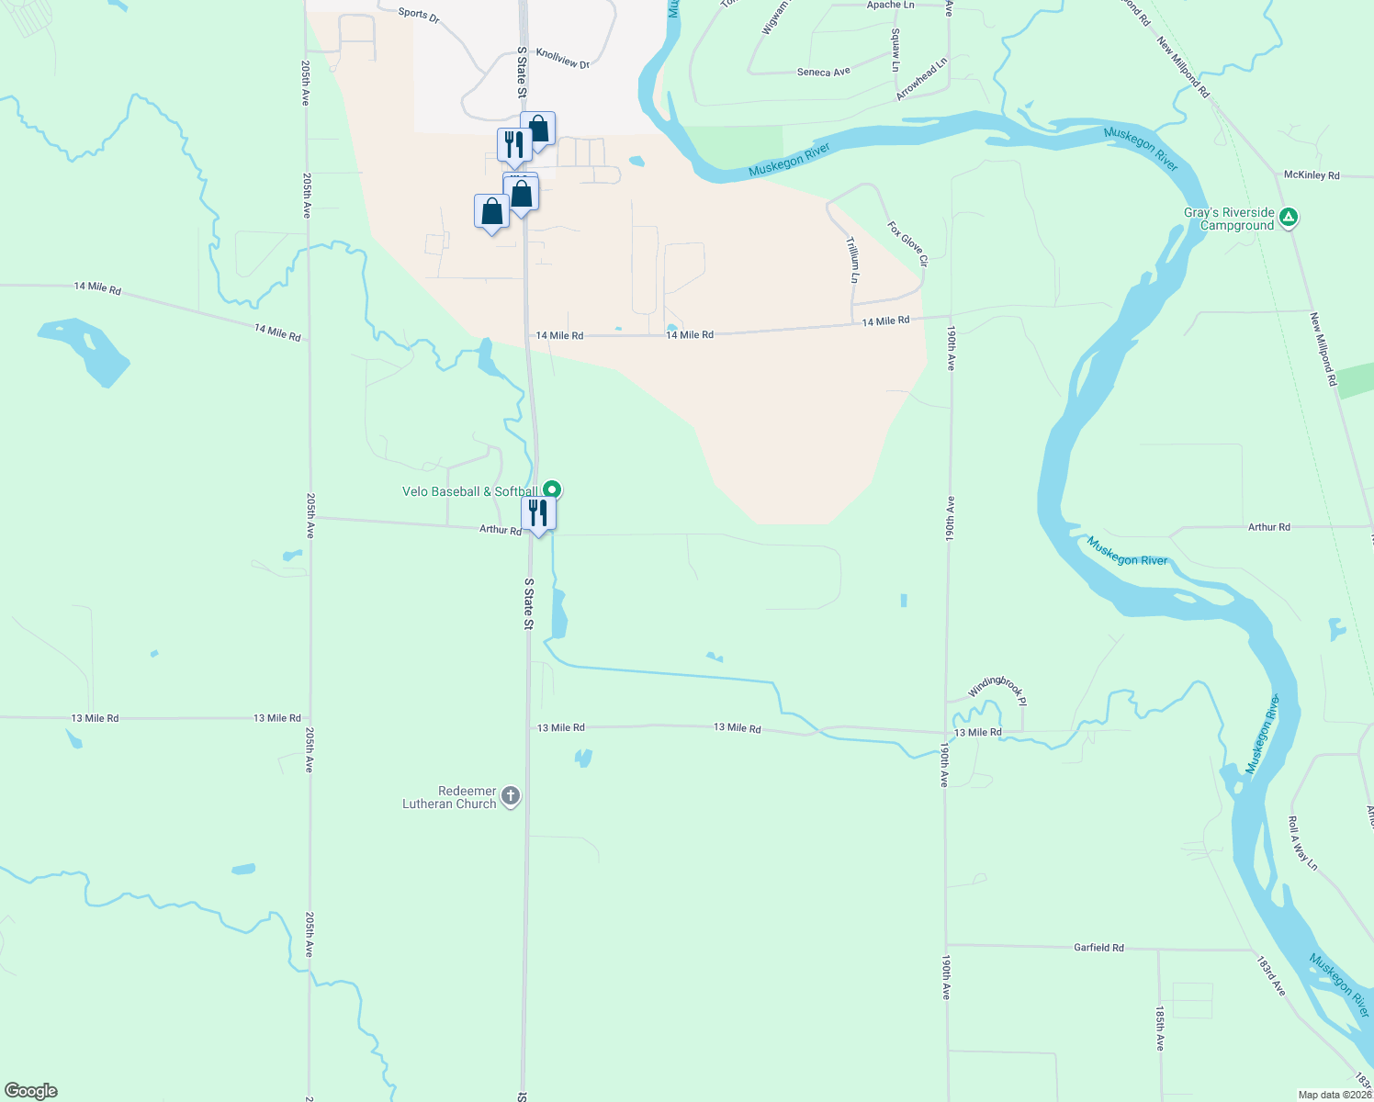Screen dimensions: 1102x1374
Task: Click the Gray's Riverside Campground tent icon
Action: tap(1289, 218)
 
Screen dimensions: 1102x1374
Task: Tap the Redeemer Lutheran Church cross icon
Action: tap(510, 796)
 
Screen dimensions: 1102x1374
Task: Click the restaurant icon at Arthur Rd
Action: tap(538, 512)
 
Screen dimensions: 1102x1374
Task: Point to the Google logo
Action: tap(31, 1091)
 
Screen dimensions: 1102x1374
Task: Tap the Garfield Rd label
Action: tap(1098, 947)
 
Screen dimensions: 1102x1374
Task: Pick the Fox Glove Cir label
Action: tap(908, 243)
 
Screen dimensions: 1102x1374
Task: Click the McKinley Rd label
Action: tap(1312, 174)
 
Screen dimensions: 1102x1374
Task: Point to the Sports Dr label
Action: tap(419, 15)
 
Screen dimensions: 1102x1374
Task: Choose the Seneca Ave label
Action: tap(823, 72)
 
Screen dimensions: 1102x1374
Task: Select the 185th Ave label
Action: tap(1160, 1029)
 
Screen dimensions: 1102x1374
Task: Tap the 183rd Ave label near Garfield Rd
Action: tap(1271, 975)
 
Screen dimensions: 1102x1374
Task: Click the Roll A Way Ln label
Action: tap(1302, 844)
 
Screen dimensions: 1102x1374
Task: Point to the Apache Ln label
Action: tap(890, 6)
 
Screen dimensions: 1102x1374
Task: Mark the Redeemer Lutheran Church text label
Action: tap(449, 797)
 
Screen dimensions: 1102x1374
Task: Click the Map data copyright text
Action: tap(1335, 1095)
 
